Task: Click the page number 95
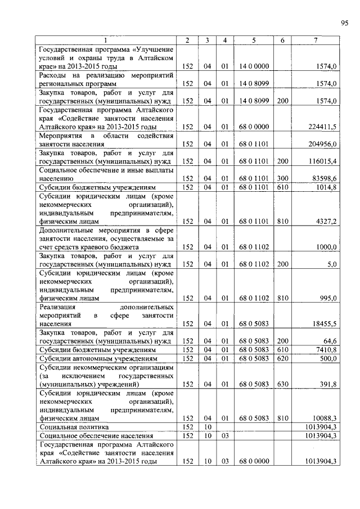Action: point(344,22)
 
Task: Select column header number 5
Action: point(254,40)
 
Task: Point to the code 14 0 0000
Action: point(254,66)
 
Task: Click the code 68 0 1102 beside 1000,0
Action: point(254,247)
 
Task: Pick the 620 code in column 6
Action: point(282,359)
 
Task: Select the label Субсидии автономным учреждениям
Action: point(90,359)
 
